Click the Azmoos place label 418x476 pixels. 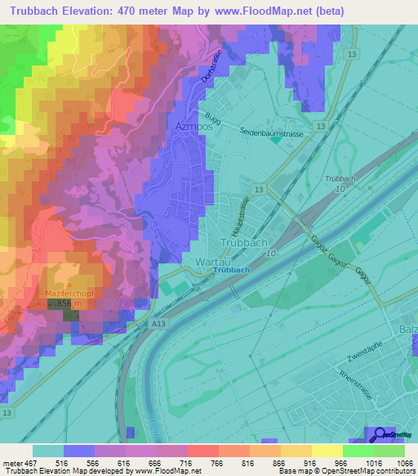pyautogui.click(x=194, y=127)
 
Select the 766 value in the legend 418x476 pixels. pyautogui.click(x=204, y=463)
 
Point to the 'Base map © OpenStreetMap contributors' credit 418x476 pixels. pyautogui.click(x=346, y=472)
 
